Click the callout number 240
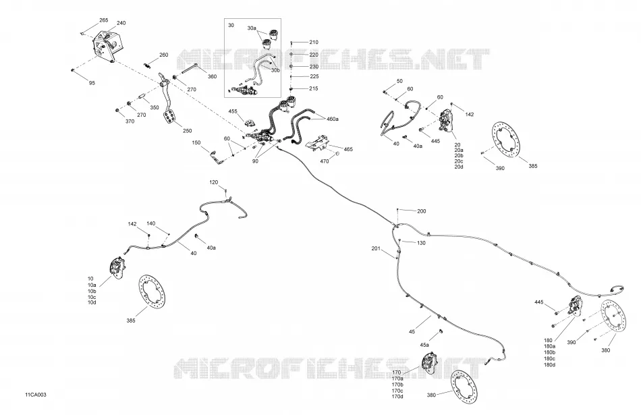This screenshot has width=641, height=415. tap(121, 23)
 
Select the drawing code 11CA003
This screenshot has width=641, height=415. tap(36, 395)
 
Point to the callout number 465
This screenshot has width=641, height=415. tap(348, 149)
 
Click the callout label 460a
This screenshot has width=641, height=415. tap(333, 119)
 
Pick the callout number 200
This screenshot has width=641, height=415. tap(421, 211)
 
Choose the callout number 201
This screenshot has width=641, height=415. tap(376, 248)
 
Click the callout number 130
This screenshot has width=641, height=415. tap(421, 243)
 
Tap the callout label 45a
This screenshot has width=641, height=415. tap(424, 345)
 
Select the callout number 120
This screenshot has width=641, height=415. tap(214, 182)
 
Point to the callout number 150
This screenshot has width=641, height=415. tap(196, 142)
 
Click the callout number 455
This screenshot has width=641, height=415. tap(233, 111)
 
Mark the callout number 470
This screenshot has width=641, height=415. tap(324, 161)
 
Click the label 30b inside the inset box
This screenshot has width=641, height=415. tap(275, 70)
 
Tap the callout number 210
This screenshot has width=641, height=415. tap(314, 42)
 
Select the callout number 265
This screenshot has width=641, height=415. tap(103, 20)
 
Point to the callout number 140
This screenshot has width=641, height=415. tap(151, 223)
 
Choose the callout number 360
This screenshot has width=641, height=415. tap(212, 76)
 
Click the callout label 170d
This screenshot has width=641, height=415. tap(397, 397)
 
